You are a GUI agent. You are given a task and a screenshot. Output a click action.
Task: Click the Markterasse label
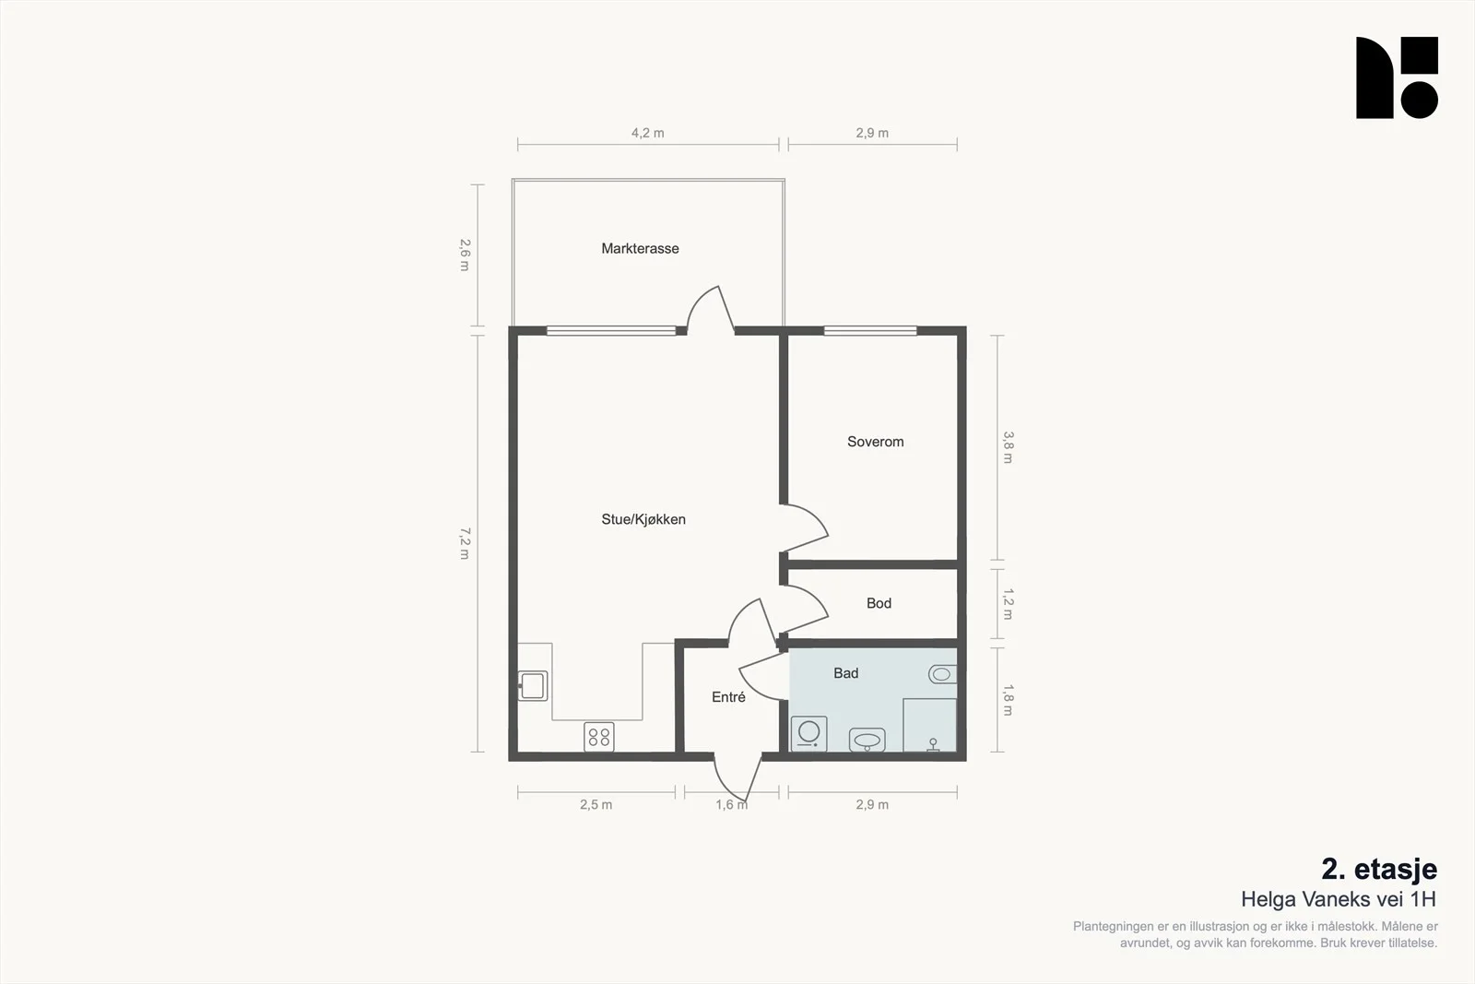(x=640, y=248)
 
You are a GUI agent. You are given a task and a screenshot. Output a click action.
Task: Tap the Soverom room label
(x=875, y=442)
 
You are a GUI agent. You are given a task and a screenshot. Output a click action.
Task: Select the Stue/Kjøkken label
(x=643, y=519)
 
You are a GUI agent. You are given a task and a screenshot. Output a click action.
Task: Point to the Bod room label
(x=879, y=602)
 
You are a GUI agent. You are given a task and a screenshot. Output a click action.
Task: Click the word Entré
(x=728, y=697)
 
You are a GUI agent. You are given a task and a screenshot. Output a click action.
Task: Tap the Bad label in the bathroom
(x=845, y=673)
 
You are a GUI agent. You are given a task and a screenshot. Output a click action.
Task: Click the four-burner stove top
(x=598, y=737)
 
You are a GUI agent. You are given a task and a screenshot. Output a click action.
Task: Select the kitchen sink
(x=533, y=685)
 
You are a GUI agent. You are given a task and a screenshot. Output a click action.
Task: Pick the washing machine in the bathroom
(x=808, y=734)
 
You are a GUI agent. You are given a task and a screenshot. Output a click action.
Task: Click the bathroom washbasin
(x=867, y=740)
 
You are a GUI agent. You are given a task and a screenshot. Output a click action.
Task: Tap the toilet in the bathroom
(x=942, y=674)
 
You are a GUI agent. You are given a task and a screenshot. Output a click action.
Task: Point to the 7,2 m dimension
(x=465, y=543)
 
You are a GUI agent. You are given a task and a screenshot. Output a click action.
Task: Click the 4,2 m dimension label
(x=648, y=133)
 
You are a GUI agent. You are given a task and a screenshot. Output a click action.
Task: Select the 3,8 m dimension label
(x=1009, y=447)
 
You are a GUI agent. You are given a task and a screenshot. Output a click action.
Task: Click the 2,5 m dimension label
(x=596, y=805)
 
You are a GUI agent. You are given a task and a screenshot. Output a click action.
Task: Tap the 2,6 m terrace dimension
(x=465, y=255)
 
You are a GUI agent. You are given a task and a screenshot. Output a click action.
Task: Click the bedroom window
(x=870, y=331)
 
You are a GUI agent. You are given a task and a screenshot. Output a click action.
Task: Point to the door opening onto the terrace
(x=711, y=310)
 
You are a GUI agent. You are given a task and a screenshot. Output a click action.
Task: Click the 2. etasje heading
(x=1379, y=870)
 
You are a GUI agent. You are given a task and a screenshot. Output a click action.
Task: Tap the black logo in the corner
(x=1397, y=77)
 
